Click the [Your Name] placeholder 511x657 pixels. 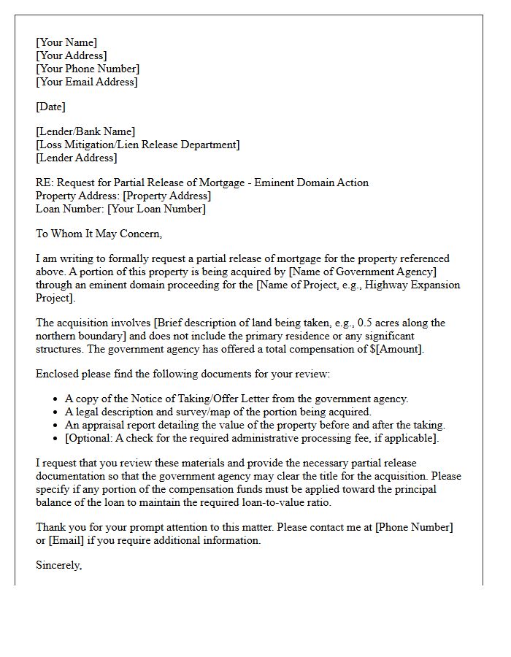(x=66, y=42)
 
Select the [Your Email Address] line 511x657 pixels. (x=86, y=82)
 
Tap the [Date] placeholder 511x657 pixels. (x=50, y=107)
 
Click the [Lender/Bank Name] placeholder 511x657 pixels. (x=85, y=131)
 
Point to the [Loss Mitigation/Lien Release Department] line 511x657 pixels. (x=137, y=145)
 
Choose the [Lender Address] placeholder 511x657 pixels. (x=76, y=158)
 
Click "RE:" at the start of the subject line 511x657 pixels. (x=45, y=182)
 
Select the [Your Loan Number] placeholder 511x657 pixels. (x=156, y=209)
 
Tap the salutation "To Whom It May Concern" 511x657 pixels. (x=98, y=234)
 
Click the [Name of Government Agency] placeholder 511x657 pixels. (x=363, y=272)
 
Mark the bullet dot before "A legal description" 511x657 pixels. (x=56, y=412)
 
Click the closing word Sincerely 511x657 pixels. (x=58, y=565)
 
